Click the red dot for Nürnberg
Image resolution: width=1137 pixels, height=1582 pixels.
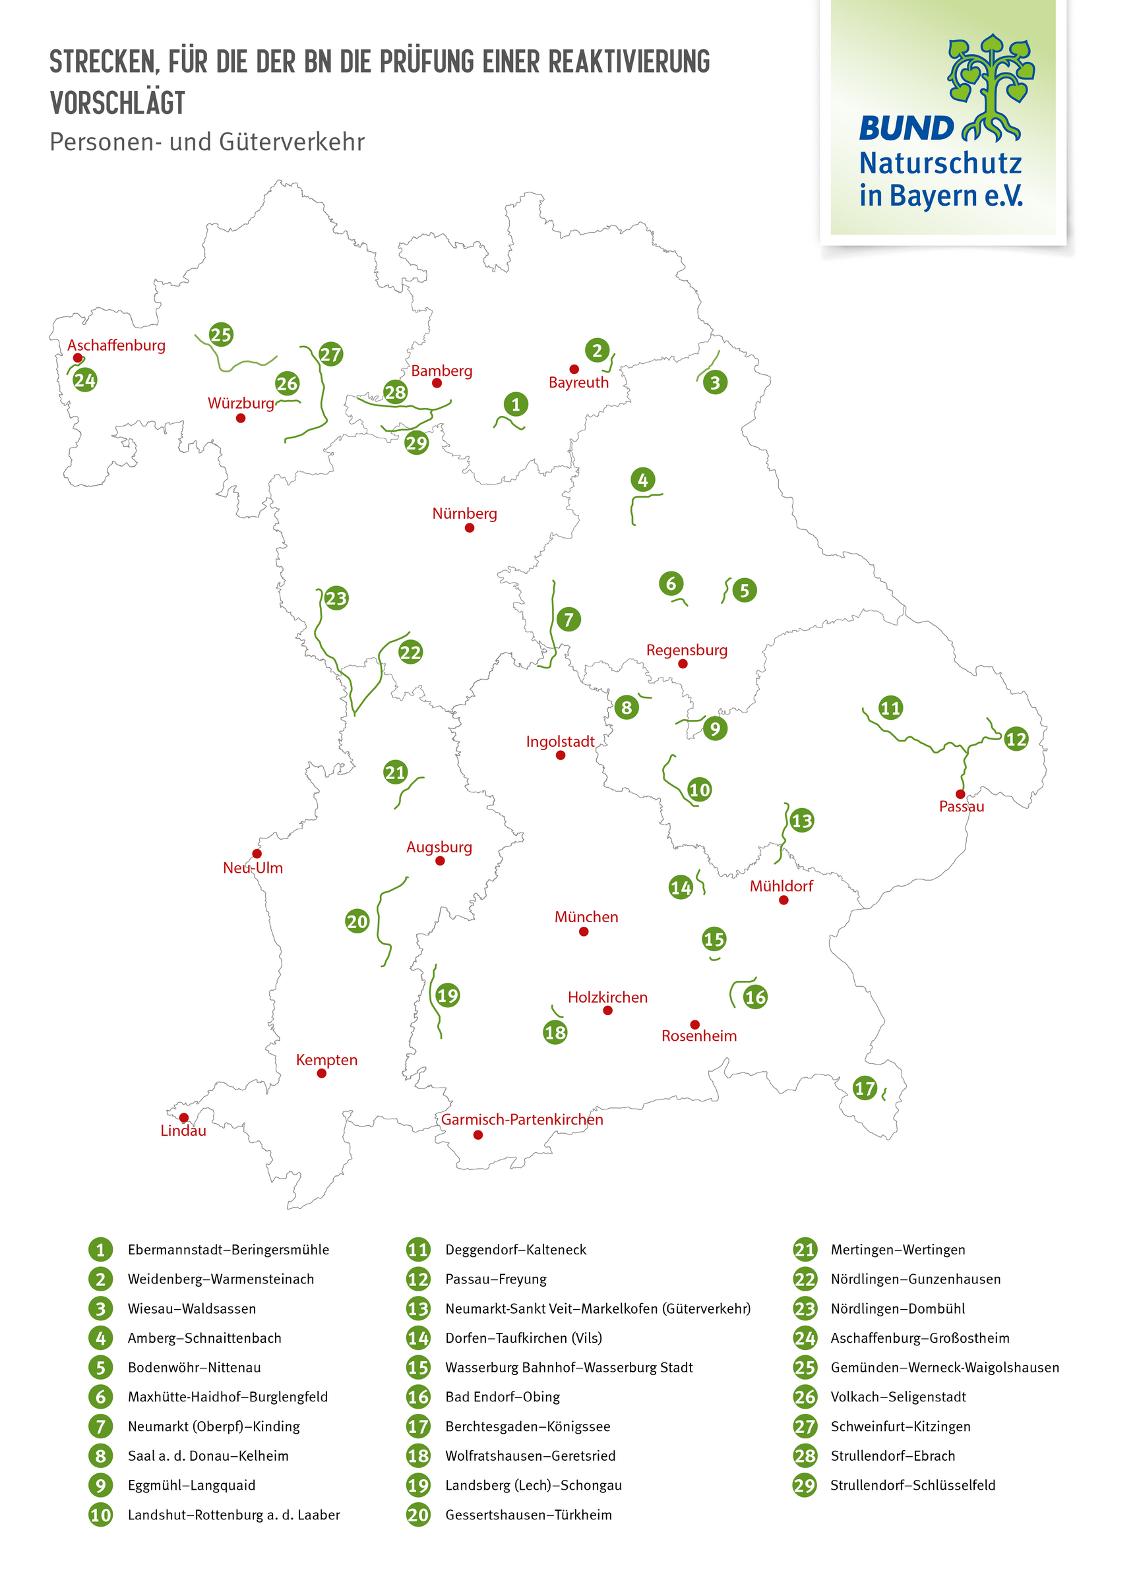pos(469,528)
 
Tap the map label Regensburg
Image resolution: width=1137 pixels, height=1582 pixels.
pos(686,650)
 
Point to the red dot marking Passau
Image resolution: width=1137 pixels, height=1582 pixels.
pos(960,794)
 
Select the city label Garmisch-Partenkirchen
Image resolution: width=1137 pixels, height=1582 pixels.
pos(522,1119)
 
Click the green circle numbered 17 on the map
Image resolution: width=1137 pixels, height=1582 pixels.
pos(864,1088)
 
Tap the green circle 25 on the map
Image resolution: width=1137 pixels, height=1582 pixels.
pos(220,335)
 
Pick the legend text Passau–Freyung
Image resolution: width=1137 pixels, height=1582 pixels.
pos(495,1279)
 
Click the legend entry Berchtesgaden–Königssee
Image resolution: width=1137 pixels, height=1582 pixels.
pos(527,1426)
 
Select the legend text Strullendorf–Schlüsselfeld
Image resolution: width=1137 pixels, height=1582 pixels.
pos(912,1485)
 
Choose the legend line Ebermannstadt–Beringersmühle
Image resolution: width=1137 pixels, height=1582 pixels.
pos(228,1249)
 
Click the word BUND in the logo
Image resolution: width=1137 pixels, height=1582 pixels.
pos(906,129)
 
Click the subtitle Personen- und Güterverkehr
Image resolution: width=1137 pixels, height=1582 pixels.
pos(206,142)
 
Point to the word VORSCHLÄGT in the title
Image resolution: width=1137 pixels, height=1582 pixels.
pos(117,103)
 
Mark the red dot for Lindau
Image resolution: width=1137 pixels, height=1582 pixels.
pos(183,1117)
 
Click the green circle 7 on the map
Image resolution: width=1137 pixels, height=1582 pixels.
pos(568,620)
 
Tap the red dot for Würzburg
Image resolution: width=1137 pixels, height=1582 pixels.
pos(240,419)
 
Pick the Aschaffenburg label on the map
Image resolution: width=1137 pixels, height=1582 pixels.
pos(116,345)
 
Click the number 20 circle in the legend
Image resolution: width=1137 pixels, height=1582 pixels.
pos(418,1514)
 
